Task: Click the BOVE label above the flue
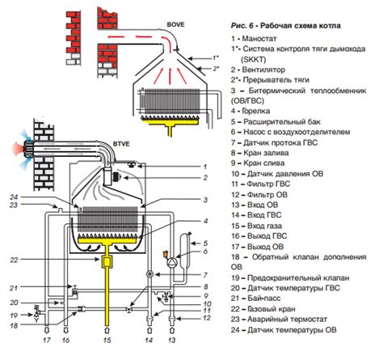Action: click(x=175, y=24)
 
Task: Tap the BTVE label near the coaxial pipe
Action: click(x=121, y=144)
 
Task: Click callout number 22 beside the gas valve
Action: click(x=14, y=260)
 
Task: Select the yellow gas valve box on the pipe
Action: click(x=107, y=261)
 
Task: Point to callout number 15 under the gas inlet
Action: click(x=107, y=341)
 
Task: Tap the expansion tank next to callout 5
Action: click(x=186, y=248)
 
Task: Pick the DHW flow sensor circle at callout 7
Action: click(x=149, y=274)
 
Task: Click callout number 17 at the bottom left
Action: click(x=47, y=341)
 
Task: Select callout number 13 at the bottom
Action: click(x=172, y=341)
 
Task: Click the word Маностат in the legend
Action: click(x=259, y=39)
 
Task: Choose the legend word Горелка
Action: click(x=256, y=111)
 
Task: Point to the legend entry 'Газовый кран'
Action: click(x=271, y=309)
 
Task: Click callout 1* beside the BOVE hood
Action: click(x=215, y=57)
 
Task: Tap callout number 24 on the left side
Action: click(x=14, y=197)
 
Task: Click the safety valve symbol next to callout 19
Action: click(x=36, y=314)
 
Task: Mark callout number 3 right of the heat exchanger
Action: click(x=205, y=200)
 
